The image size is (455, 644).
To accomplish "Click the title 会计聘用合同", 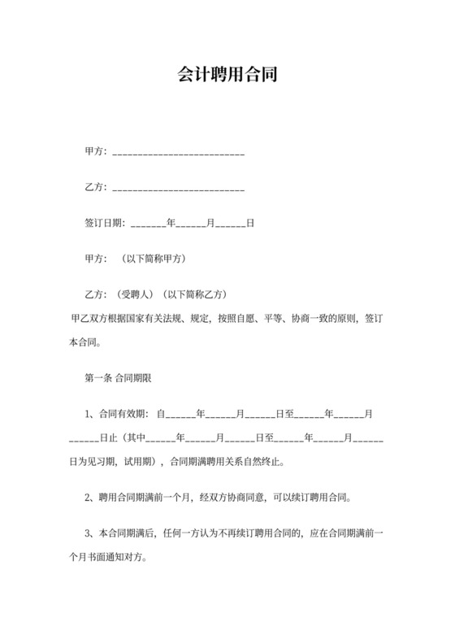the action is pos(227,76).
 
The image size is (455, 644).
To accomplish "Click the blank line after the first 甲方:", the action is pos(178,154).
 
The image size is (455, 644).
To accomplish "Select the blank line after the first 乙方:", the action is pos(178,190).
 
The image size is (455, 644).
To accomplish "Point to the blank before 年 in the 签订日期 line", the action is pos(147,224).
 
